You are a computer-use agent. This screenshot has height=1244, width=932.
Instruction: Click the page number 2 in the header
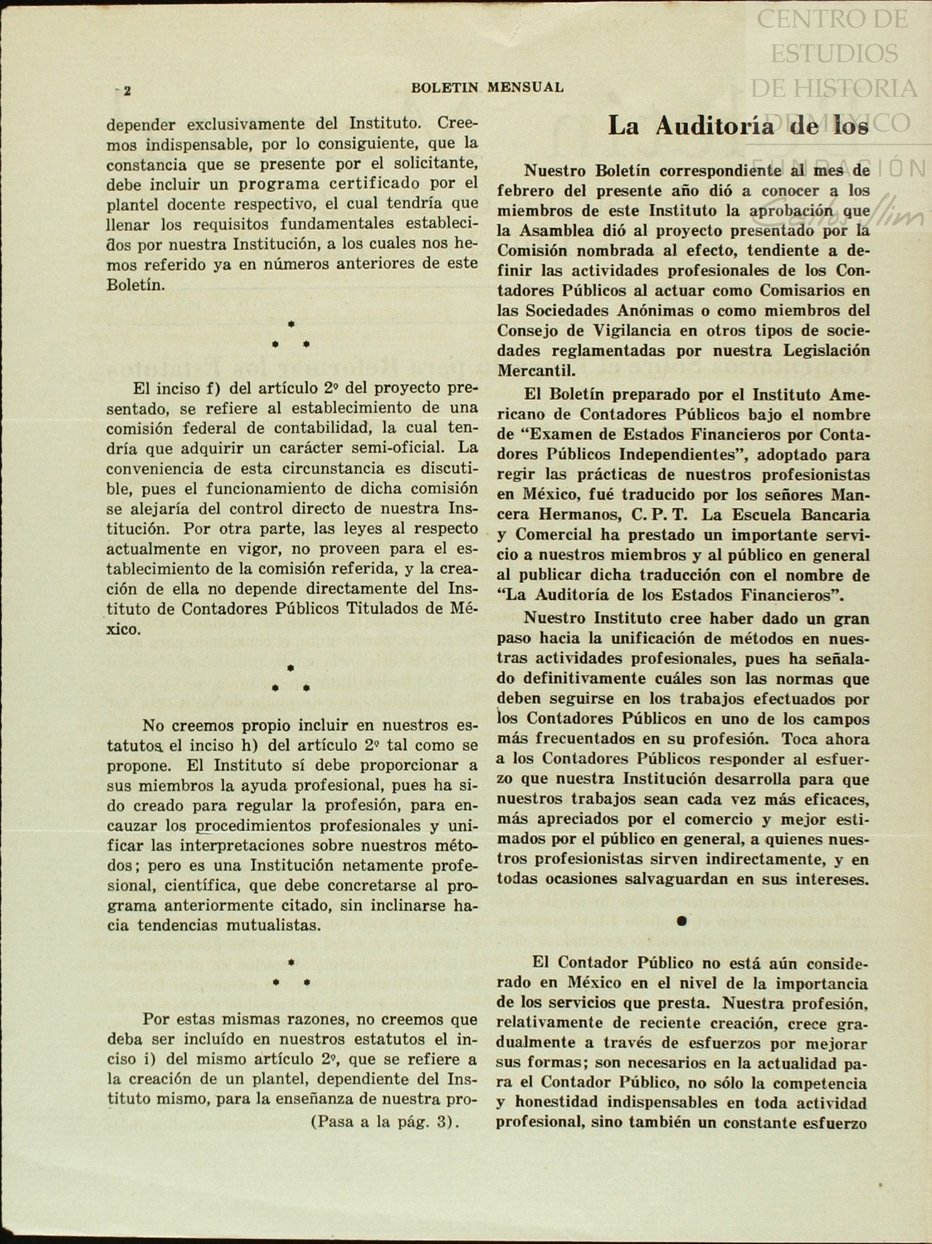tap(127, 91)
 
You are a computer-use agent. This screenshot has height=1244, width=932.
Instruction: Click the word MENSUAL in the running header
tap(525, 88)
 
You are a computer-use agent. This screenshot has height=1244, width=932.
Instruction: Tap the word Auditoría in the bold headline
tap(714, 127)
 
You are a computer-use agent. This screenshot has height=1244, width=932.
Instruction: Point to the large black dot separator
tap(681, 921)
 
